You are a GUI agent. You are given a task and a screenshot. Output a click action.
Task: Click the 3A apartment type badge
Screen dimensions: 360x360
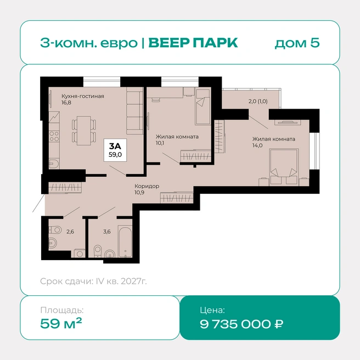(115, 150)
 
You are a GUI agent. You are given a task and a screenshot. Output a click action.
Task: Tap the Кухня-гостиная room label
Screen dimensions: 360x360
(83, 96)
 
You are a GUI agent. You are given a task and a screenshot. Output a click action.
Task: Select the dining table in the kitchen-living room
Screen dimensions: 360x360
(84, 131)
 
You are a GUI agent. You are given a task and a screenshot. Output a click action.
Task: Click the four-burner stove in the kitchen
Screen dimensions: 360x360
(54, 136)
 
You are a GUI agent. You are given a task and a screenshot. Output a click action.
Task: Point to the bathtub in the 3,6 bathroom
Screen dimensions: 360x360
(125, 241)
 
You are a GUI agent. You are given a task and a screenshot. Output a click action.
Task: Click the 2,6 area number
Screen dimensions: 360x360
(70, 232)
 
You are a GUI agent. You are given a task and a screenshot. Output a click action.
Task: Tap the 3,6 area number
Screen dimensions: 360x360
(107, 232)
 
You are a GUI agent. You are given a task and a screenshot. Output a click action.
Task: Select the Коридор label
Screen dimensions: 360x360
(147, 186)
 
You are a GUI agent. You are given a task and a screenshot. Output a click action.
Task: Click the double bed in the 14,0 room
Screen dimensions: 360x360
(284, 167)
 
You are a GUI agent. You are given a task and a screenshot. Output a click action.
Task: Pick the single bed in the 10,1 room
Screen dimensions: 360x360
(203, 107)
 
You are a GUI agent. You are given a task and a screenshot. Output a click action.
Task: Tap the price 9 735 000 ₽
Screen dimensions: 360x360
(241, 324)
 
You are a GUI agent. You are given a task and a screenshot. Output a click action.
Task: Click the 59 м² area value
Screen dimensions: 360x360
(61, 323)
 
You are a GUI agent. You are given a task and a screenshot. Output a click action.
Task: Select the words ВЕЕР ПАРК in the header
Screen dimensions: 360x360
(193, 43)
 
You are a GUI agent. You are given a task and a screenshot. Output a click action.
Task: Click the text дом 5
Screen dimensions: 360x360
(297, 43)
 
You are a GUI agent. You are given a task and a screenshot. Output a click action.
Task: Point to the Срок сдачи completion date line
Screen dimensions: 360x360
(93, 281)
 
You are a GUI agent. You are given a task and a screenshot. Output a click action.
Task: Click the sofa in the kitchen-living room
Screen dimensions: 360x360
(135, 112)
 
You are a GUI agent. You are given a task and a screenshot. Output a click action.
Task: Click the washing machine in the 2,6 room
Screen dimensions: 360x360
(80, 253)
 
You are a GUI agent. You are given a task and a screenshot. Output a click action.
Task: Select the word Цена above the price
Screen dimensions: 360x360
(212, 310)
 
